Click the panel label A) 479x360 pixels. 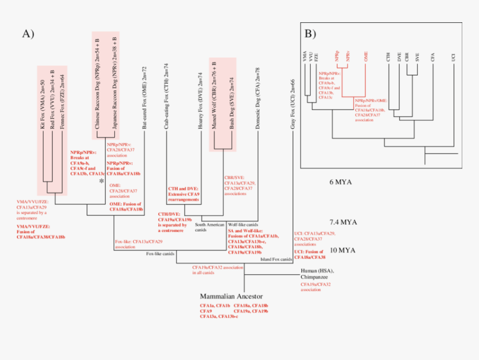pyautogui.click(x=28, y=34)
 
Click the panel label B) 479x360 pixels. pyautogui.click(x=310, y=33)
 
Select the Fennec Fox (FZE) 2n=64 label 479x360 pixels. pyautogui.click(x=61, y=101)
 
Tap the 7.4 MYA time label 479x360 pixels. pyautogui.click(x=341, y=221)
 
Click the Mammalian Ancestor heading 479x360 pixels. pyautogui.click(x=231, y=296)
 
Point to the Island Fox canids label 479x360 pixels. pyautogui.click(x=277, y=259)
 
